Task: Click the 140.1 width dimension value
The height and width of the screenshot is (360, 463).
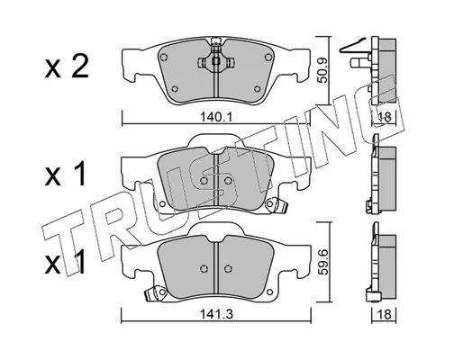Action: pyautogui.click(x=216, y=117)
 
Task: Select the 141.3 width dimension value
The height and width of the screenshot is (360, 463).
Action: pyautogui.click(x=216, y=314)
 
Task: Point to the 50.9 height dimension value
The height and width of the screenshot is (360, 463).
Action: pyautogui.click(x=322, y=70)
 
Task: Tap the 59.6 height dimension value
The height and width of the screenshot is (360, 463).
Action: pyautogui.click(x=322, y=262)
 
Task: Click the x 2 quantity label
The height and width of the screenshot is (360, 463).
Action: pyautogui.click(x=67, y=67)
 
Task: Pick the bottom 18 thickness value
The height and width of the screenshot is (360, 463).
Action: pyautogui.click(x=384, y=314)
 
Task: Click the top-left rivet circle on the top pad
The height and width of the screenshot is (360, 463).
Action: pyautogui.click(x=164, y=57)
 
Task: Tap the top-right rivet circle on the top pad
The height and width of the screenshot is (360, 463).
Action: pyautogui.click(x=268, y=57)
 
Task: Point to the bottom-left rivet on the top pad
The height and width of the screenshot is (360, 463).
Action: pyautogui.click(x=175, y=89)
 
